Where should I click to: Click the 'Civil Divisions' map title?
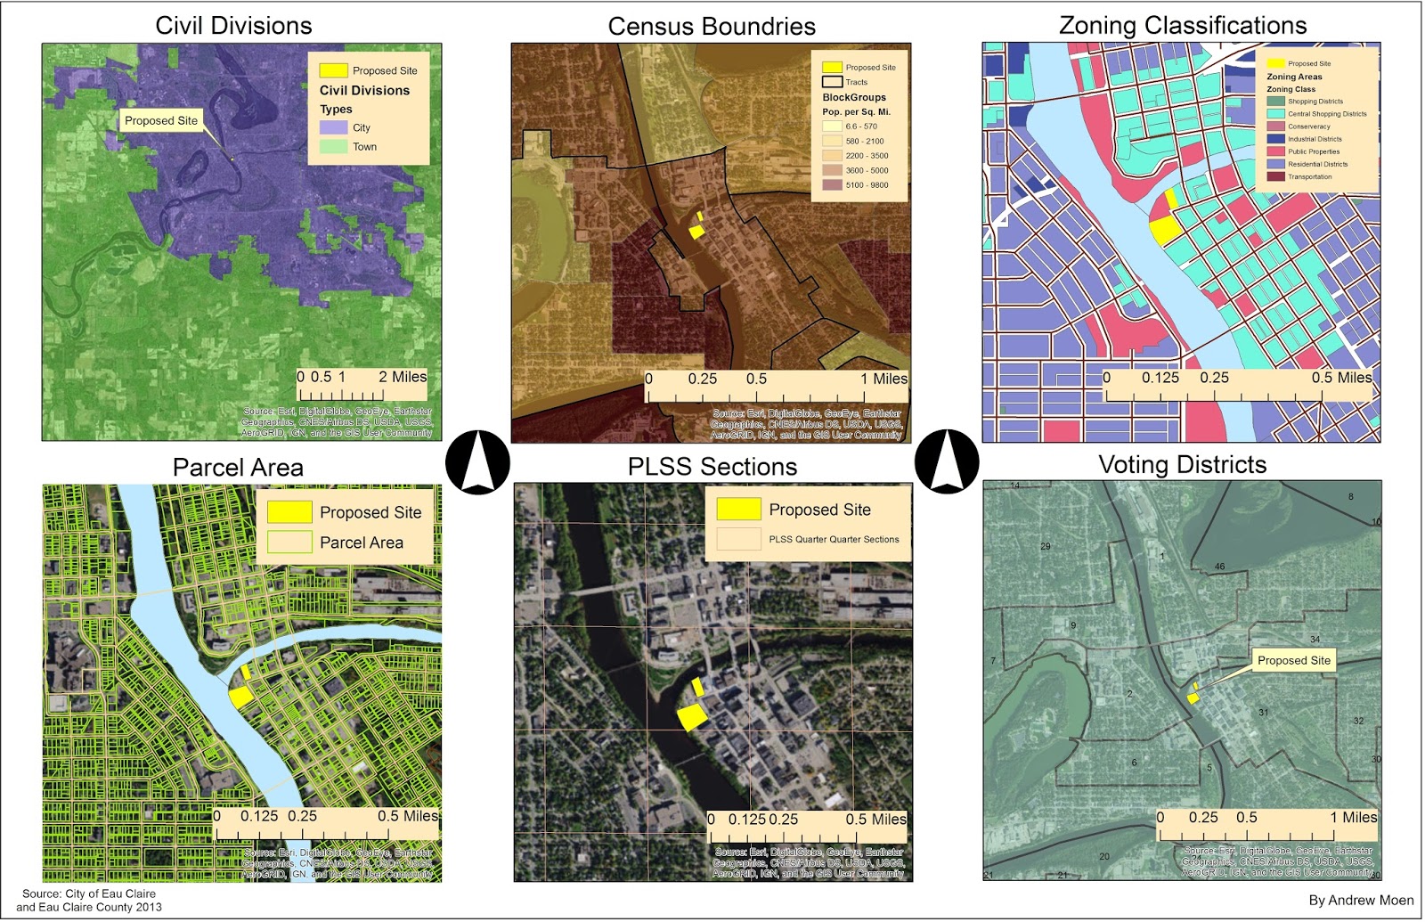(x=233, y=25)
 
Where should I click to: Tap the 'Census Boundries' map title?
(x=712, y=27)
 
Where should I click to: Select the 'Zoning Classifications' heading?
(x=1183, y=25)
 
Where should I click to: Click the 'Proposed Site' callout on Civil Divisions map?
(x=161, y=121)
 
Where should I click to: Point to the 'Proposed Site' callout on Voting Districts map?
(x=1293, y=660)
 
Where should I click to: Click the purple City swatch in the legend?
(x=333, y=127)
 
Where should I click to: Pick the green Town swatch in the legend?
(x=333, y=146)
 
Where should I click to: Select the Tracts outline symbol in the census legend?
(x=832, y=82)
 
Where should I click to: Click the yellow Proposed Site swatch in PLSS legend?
(x=738, y=509)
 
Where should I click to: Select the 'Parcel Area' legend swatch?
(x=289, y=542)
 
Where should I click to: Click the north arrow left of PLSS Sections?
(x=477, y=462)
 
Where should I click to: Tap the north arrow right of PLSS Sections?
(x=947, y=461)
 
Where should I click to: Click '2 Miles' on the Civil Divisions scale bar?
(x=403, y=377)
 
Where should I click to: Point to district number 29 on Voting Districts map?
(x=1046, y=546)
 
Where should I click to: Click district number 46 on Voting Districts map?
(x=1219, y=567)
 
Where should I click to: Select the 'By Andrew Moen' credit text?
(x=1361, y=900)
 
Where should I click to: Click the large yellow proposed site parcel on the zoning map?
(x=1164, y=229)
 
